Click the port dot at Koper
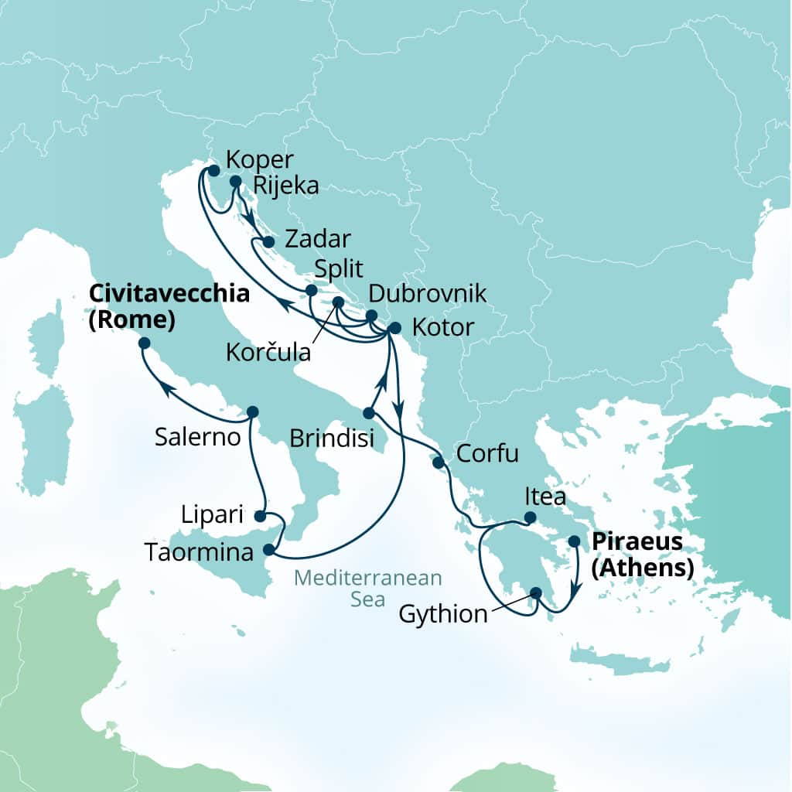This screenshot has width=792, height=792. (x=213, y=170)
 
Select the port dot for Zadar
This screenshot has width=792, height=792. (x=268, y=242)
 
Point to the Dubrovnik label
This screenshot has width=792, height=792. (x=427, y=294)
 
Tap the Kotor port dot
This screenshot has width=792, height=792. (x=394, y=327)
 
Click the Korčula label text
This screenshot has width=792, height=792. (x=268, y=353)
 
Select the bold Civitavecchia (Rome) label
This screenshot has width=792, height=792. (x=170, y=306)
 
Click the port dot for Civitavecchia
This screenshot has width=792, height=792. (x=144, y=343)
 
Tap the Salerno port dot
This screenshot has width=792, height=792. (x=251, y=411)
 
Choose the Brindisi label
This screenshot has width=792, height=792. (x=332, y=439)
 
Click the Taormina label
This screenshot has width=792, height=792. (x=200, y=553)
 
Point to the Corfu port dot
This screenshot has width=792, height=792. (x=438, y=463)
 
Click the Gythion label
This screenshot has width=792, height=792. (x=444, y=615)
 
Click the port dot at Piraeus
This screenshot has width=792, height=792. (x=575, y=542)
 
